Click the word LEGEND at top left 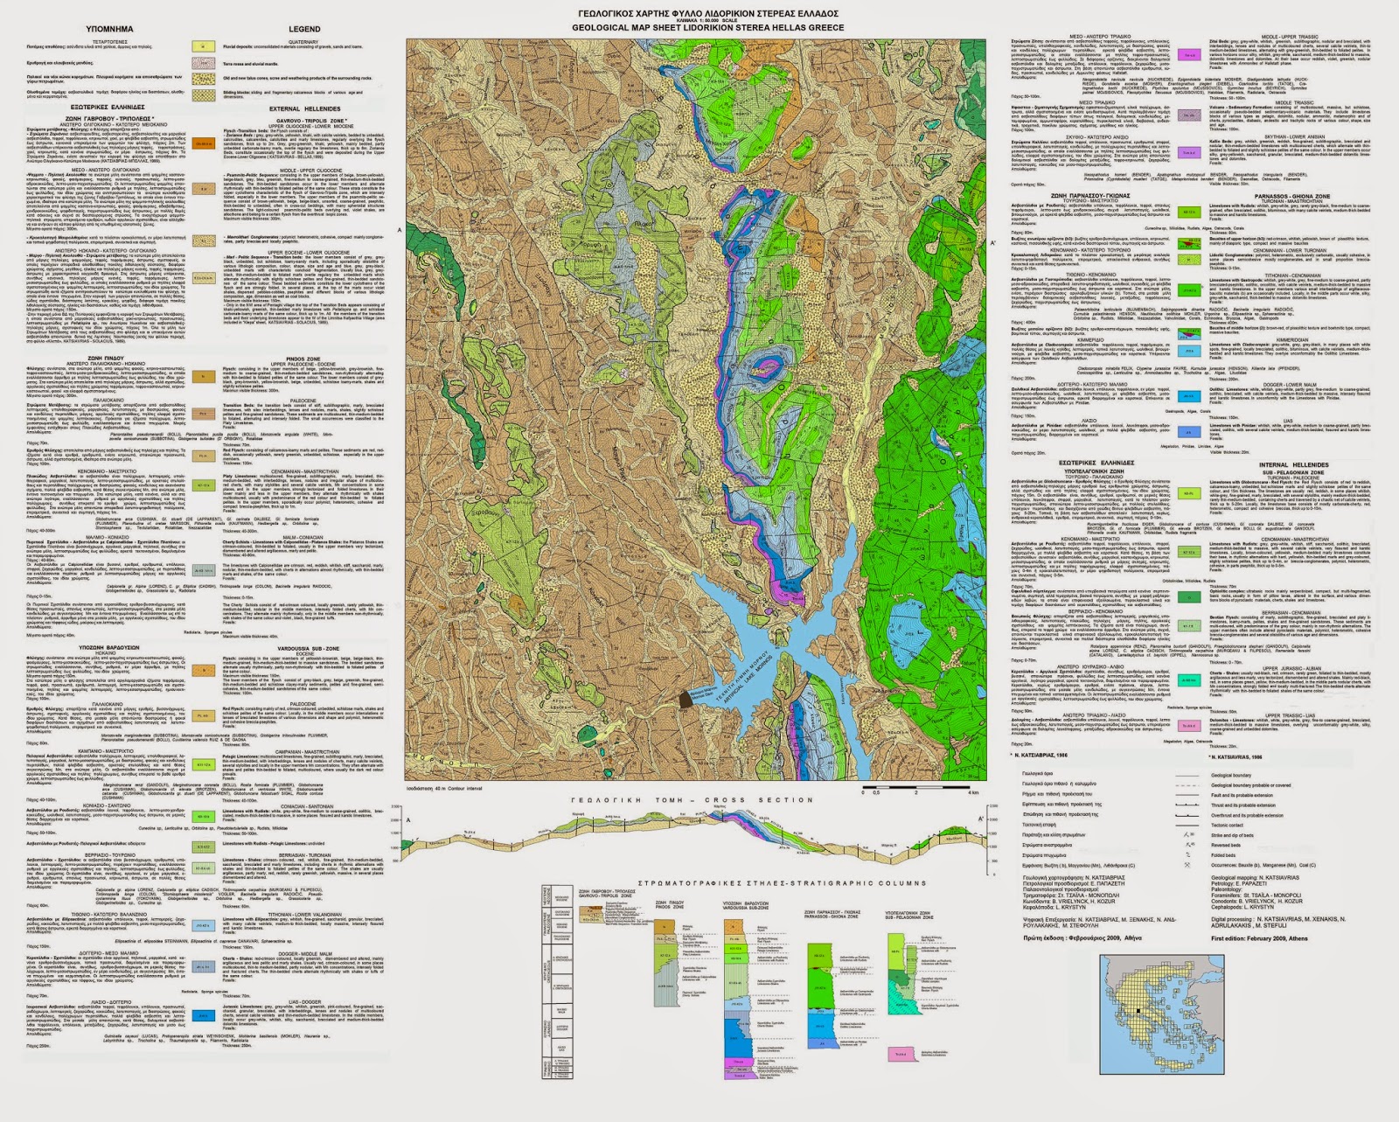(x=305, y=29)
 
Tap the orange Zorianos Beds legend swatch (x=203, y=144)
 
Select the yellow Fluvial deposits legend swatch (x=203, y=46)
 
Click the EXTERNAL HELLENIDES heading (x=305, y=108)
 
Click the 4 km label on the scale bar (x=973, y=792)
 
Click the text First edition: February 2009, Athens (x=1259, y=937)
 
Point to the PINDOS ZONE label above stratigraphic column (x=669, y=904)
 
